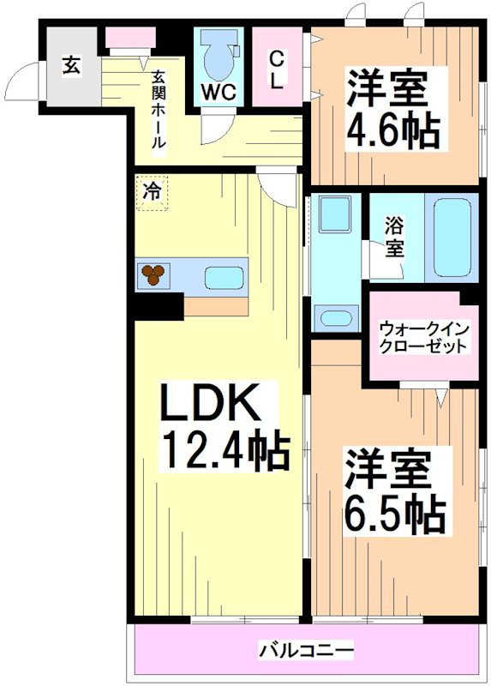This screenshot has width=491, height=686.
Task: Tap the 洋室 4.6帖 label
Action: tap(392, 110)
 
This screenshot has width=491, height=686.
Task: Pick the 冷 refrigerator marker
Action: tap(152, 193)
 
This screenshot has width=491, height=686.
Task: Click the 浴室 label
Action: tap(394, 238)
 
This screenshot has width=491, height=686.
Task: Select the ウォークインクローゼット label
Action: tap(423, 336)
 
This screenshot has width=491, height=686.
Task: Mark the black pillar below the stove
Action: tap(159, 306)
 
